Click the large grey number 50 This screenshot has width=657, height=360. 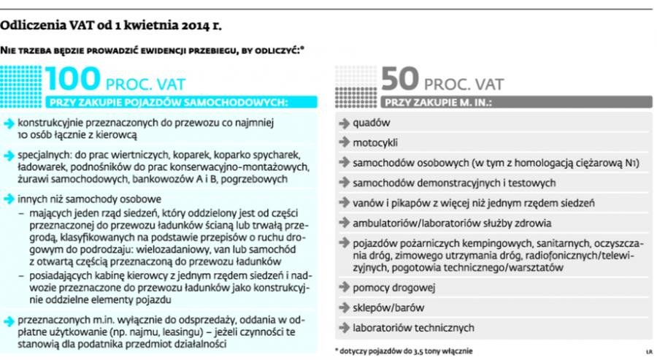(399, 79)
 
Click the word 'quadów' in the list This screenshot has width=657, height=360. (371, 123)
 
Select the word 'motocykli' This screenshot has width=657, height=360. (375, 142)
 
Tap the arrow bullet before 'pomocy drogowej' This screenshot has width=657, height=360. (344, 288)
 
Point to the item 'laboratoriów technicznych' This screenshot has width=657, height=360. (413, 327)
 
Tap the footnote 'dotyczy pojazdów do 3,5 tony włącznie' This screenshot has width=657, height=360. (406, 351)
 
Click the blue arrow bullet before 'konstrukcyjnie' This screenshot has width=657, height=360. (9, 125)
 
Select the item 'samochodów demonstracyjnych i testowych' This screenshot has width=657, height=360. (454, 183)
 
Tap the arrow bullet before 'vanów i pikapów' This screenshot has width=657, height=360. (344, 203)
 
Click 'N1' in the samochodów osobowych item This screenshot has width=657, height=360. (632, 163)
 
